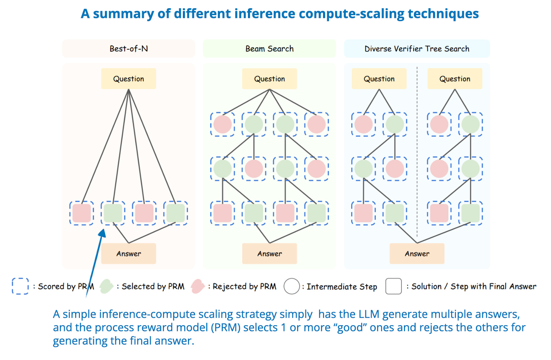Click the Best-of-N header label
(128, 49)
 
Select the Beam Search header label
(269, 49)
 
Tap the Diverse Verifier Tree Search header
(417, 49)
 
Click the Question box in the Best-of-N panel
(128, 79)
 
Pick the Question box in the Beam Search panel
(269, 79)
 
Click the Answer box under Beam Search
(269, 254)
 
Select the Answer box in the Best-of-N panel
(128, 254)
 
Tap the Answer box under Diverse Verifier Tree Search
(417, 254)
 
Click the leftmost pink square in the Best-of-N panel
(82, 213)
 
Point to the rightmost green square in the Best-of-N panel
(176, 213)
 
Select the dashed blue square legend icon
(20, 286)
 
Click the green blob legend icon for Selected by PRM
(106, 286)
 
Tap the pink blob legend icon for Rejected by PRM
(198, 286)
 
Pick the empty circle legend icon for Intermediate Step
(292, 286)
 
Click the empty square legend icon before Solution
(394, 286)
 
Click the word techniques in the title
(443, 14)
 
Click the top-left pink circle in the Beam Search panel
(222, 124)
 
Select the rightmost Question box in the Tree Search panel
(455, 79)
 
